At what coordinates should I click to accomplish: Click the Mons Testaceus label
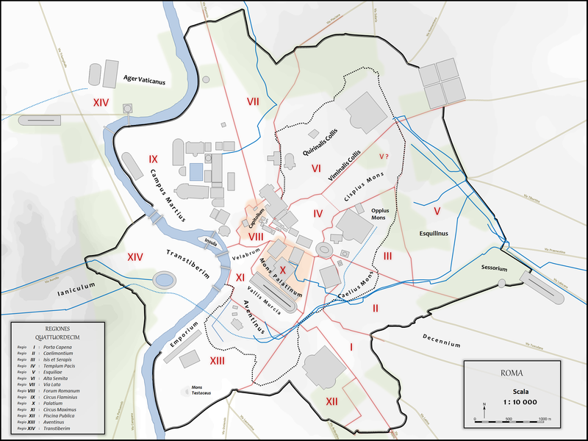[x=201, y=390]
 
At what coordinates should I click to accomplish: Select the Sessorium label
[x=495, y=269]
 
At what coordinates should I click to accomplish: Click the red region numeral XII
[x=331, y=401]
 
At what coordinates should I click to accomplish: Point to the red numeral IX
[x=152, y=159]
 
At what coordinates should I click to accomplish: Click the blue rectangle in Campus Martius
[x=196, y=172]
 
